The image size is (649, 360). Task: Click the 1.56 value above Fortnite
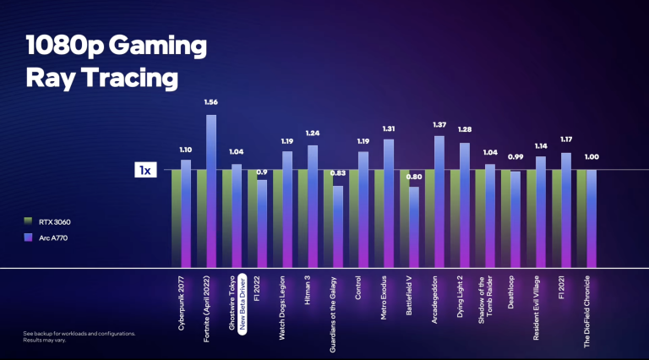[x=210, y=102]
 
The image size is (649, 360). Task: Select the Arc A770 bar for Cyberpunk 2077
[x=186, y=211]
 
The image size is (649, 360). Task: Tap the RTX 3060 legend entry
[x=51, y=220]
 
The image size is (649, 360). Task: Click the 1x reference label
[x=145, y=171]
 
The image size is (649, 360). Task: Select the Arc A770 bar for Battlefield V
[x=414, y=224]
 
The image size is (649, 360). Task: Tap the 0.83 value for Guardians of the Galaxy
[x=337, y=173]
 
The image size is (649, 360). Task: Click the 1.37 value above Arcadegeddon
[x=439, y=124]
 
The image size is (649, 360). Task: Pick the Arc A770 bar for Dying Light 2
[x=465, y=203]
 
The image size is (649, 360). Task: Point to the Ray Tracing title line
[x=101, y=78]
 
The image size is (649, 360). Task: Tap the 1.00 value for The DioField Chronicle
[x=591, y=157]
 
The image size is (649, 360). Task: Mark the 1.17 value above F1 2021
[x=565, y=139]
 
